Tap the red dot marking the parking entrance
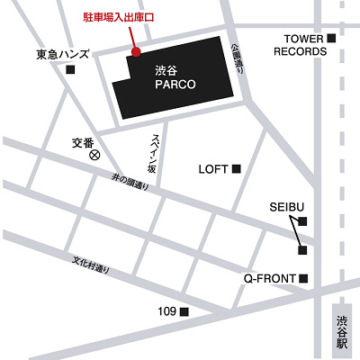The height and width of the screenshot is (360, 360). pos(136,51)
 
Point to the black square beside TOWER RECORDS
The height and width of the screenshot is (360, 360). pos(331,38)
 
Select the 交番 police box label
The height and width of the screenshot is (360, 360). pos(83,141)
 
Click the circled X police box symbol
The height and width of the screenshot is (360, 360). pos(93,155)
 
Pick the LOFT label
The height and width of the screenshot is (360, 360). pos(213,168)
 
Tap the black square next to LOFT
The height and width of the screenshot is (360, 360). pos(238,168)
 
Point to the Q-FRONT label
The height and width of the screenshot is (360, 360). pos(270,278)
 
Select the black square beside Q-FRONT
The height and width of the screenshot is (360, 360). pos(304,278)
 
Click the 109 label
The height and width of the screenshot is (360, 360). pos(166,311)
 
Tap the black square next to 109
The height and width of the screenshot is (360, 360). pos(184,312)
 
